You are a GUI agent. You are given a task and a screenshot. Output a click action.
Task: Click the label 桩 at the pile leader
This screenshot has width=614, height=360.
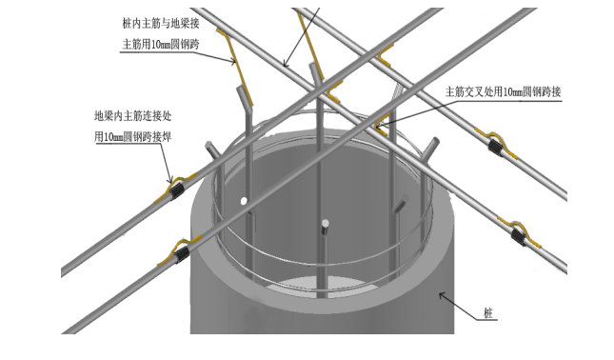488,313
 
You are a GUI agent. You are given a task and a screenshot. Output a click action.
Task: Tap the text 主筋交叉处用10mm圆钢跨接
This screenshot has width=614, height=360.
504,92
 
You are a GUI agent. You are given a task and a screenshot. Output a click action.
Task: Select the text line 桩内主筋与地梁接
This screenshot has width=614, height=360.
161,24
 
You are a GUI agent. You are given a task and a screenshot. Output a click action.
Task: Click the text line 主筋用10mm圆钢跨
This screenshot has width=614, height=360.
161,44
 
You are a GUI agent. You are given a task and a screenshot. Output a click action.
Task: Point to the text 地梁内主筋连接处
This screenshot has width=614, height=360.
133,116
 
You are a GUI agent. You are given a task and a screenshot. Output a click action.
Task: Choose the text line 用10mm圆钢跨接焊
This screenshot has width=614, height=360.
133,137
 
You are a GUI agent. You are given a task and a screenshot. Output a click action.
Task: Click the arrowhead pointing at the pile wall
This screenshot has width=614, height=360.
442,295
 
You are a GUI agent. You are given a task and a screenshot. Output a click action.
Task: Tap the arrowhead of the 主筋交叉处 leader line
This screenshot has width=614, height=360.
379,126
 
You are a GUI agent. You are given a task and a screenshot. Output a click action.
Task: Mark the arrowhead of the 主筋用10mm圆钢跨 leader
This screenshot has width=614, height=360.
233,61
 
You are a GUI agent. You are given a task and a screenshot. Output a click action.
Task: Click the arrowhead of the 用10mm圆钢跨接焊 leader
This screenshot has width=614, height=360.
170,180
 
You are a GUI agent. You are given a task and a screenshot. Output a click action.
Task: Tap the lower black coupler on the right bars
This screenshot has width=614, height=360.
519,236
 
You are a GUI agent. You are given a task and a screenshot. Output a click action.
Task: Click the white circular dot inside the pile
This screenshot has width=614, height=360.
244,201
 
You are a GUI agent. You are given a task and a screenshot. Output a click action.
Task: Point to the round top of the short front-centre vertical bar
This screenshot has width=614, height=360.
325,224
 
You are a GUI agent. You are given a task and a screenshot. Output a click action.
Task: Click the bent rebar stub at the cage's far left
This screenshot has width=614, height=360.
211,150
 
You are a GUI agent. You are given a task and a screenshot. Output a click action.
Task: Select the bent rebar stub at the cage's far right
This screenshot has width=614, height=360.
430,148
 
